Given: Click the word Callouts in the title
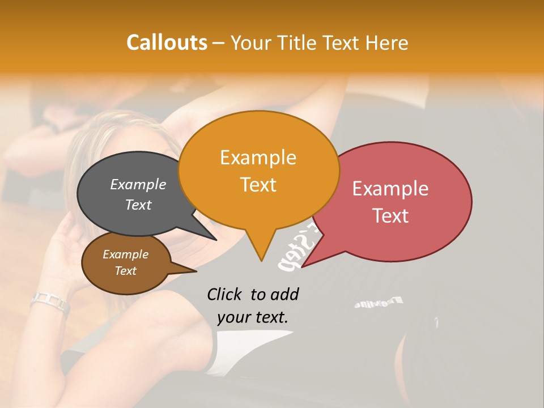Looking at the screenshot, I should [x=167, y=42].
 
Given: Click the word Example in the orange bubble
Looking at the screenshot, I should [x=258, y=158].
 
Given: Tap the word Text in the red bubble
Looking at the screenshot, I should [x=391, y=216].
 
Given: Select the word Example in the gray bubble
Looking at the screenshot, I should [x=138, y=184].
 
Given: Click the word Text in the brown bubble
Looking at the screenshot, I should [x=126, y=271].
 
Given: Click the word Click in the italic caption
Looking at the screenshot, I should [x=225, y=294].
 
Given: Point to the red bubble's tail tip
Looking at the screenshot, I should [x=302, y=266].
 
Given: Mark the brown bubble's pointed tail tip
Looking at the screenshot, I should [x=196, y=271].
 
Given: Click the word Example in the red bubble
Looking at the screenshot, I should [x=390, y=189].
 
